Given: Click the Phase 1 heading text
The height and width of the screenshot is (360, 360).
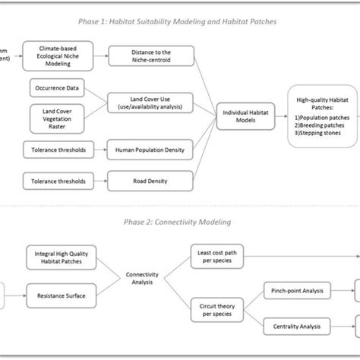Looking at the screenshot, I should [179, 22].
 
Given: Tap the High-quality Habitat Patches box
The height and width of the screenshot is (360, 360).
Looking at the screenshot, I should [321, 115].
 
